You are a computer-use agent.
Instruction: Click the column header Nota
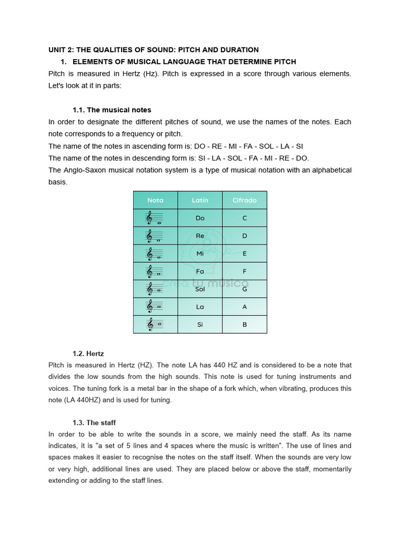(155, 200)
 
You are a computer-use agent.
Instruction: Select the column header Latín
(200, 200)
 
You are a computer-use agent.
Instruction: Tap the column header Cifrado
(244, 200)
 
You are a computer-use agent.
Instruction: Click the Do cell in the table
(200, 218)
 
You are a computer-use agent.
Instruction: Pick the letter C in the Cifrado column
(244, 218)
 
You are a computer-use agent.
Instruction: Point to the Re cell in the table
(200, 236)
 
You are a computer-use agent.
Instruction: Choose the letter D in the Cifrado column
(244, 236)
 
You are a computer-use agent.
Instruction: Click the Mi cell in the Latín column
(200, 253)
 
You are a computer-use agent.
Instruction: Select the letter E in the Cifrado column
(244, 253)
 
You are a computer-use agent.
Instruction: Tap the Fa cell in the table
(200, 271)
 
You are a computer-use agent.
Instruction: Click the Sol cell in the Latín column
(200, 289)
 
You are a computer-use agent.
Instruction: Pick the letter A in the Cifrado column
(244, 307)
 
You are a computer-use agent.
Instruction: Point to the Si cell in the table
(200, 324)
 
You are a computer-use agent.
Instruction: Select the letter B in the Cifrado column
(244, 324)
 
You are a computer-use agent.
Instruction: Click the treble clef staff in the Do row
(155, 218)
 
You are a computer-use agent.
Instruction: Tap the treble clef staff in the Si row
(155, 324)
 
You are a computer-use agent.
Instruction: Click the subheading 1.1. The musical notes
(112, 110)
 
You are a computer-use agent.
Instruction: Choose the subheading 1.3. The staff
(94, 423)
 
